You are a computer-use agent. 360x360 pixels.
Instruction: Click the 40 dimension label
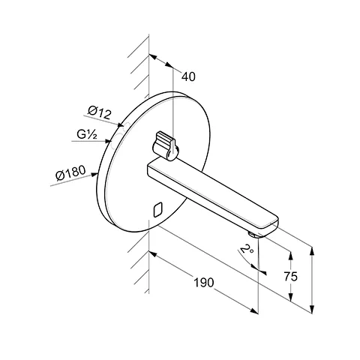pyautogui.click(x=188, y=76)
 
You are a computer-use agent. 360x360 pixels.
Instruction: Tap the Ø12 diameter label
pyautogui.click(x=99, y=112)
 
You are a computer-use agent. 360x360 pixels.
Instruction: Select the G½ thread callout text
pyautogui.click(x=87, y=135)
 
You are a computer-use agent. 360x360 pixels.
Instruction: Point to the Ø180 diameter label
pyautogui.click(x=70, y=172)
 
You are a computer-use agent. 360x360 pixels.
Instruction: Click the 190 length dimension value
pyautogui.click(x=204, y=283)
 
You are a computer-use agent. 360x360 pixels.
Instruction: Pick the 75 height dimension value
pyautogui.click(x=290, y=277)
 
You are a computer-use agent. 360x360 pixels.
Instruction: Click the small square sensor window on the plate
pyautogui.click(x=158, y=209)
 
